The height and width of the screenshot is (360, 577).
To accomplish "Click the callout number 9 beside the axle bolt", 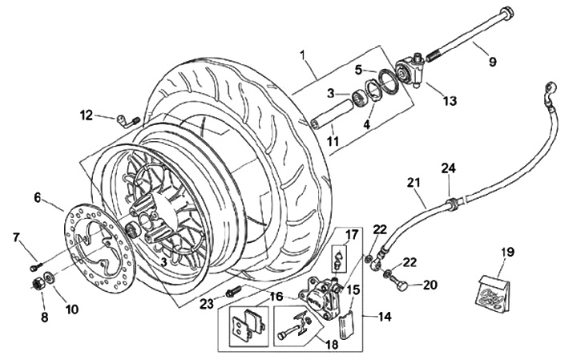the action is pyautogui.click(x=492, y=61).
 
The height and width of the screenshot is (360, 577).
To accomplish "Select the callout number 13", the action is pyautogui.click(x=450, y=100).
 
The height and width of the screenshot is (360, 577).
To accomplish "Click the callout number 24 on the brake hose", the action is pyautogui.click(x=449, y=168).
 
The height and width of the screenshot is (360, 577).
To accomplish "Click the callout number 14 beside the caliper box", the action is pyautogui.click(x=384, y=316).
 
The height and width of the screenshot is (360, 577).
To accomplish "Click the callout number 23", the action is pyautogui.click(x=207, y=304).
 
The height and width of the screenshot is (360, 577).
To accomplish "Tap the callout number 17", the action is pyautogui.click(x=352, y=234).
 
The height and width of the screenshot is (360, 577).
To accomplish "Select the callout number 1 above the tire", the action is pyautogui.click(x=302, y=56).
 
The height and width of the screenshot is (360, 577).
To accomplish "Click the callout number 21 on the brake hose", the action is pyautogui.click(x=414, y=183).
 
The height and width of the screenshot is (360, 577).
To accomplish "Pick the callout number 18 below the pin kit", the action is pyautogui.click(x=331, y=345).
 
